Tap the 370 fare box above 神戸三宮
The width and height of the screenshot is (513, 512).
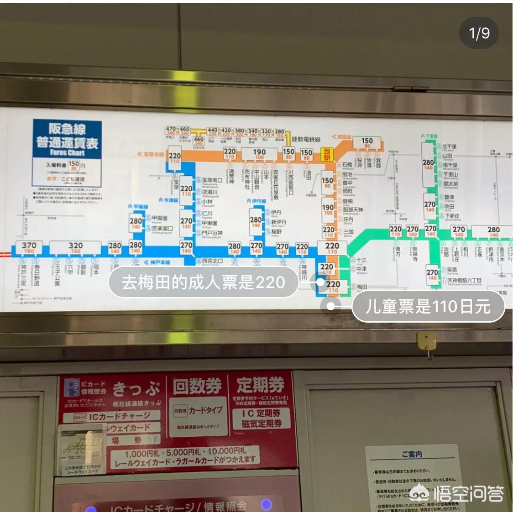(29, 247)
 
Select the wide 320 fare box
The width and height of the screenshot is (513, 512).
(75, 247)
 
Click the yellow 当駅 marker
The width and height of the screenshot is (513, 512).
(326, 154)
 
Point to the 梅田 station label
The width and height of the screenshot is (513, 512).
(362, 287)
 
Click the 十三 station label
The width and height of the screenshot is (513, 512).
(361, 260)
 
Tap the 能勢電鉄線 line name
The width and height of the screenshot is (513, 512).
(306, 139)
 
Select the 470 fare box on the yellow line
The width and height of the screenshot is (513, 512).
(171, 131)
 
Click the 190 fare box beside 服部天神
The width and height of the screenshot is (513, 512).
(328, 209)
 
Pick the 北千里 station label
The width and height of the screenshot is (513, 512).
(449, 146)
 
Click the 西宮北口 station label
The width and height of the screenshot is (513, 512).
(212, 261)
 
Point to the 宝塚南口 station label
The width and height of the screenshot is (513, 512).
(212, 180)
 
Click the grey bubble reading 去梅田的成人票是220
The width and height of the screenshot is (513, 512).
(203, 282)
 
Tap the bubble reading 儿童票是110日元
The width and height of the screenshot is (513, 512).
(428, 307)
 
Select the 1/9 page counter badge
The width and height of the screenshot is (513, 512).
(479, 33)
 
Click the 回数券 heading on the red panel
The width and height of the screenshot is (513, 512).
(197, 387)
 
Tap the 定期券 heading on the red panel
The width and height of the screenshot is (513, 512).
(260, 385)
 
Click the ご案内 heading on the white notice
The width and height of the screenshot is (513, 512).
(412, 454)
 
